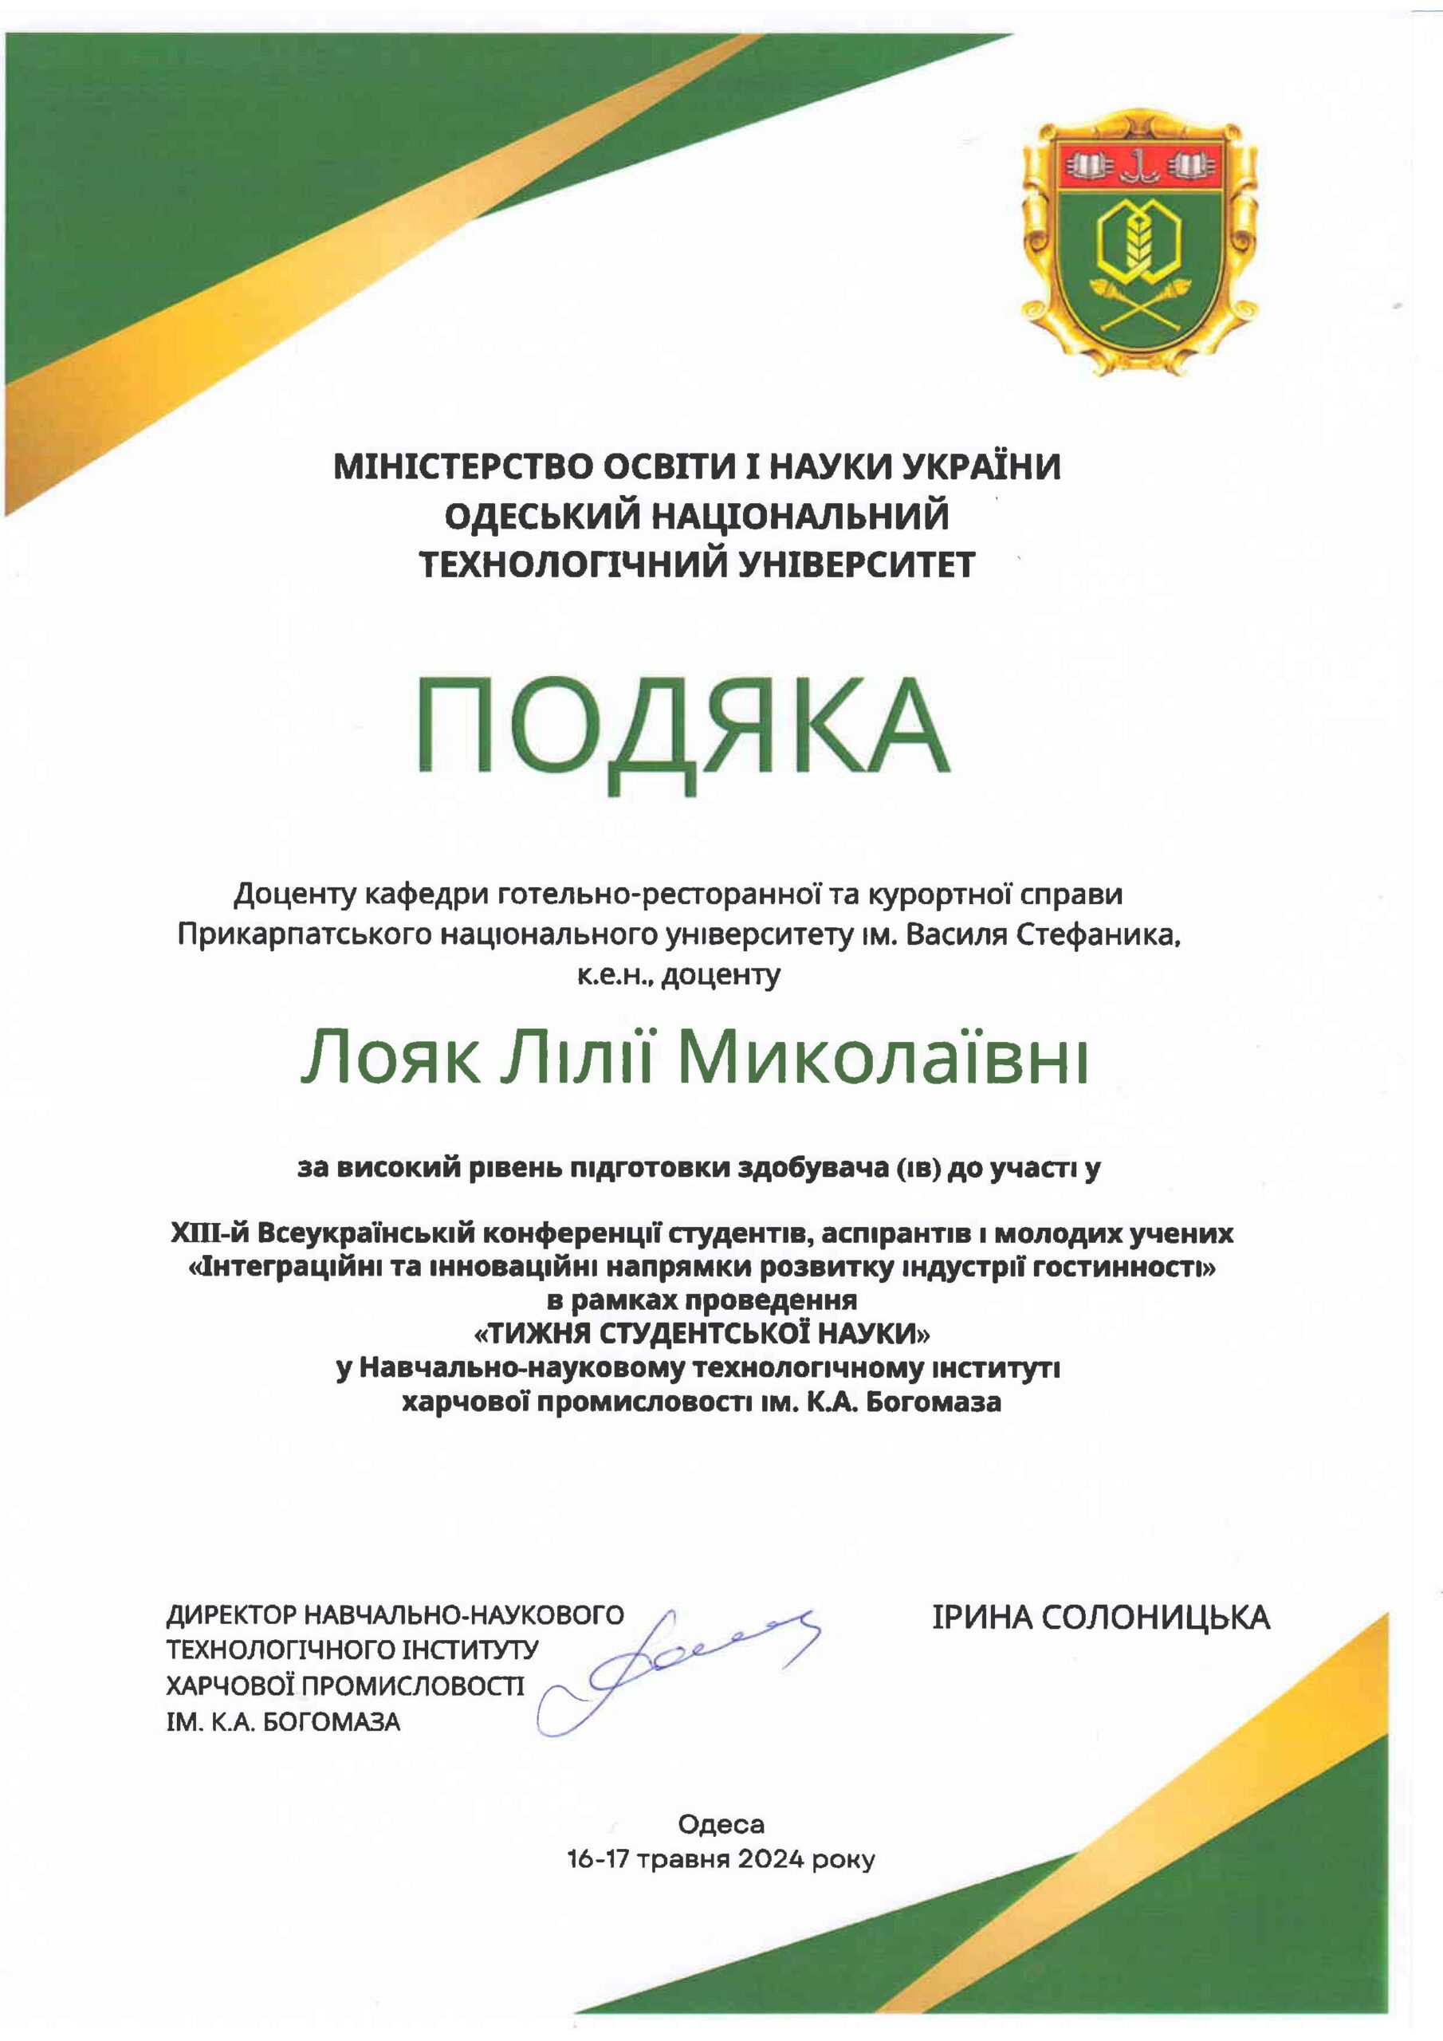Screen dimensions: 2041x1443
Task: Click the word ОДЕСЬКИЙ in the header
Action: click(542, 516)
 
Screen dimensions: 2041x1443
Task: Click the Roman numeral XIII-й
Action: click(210, 1233)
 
